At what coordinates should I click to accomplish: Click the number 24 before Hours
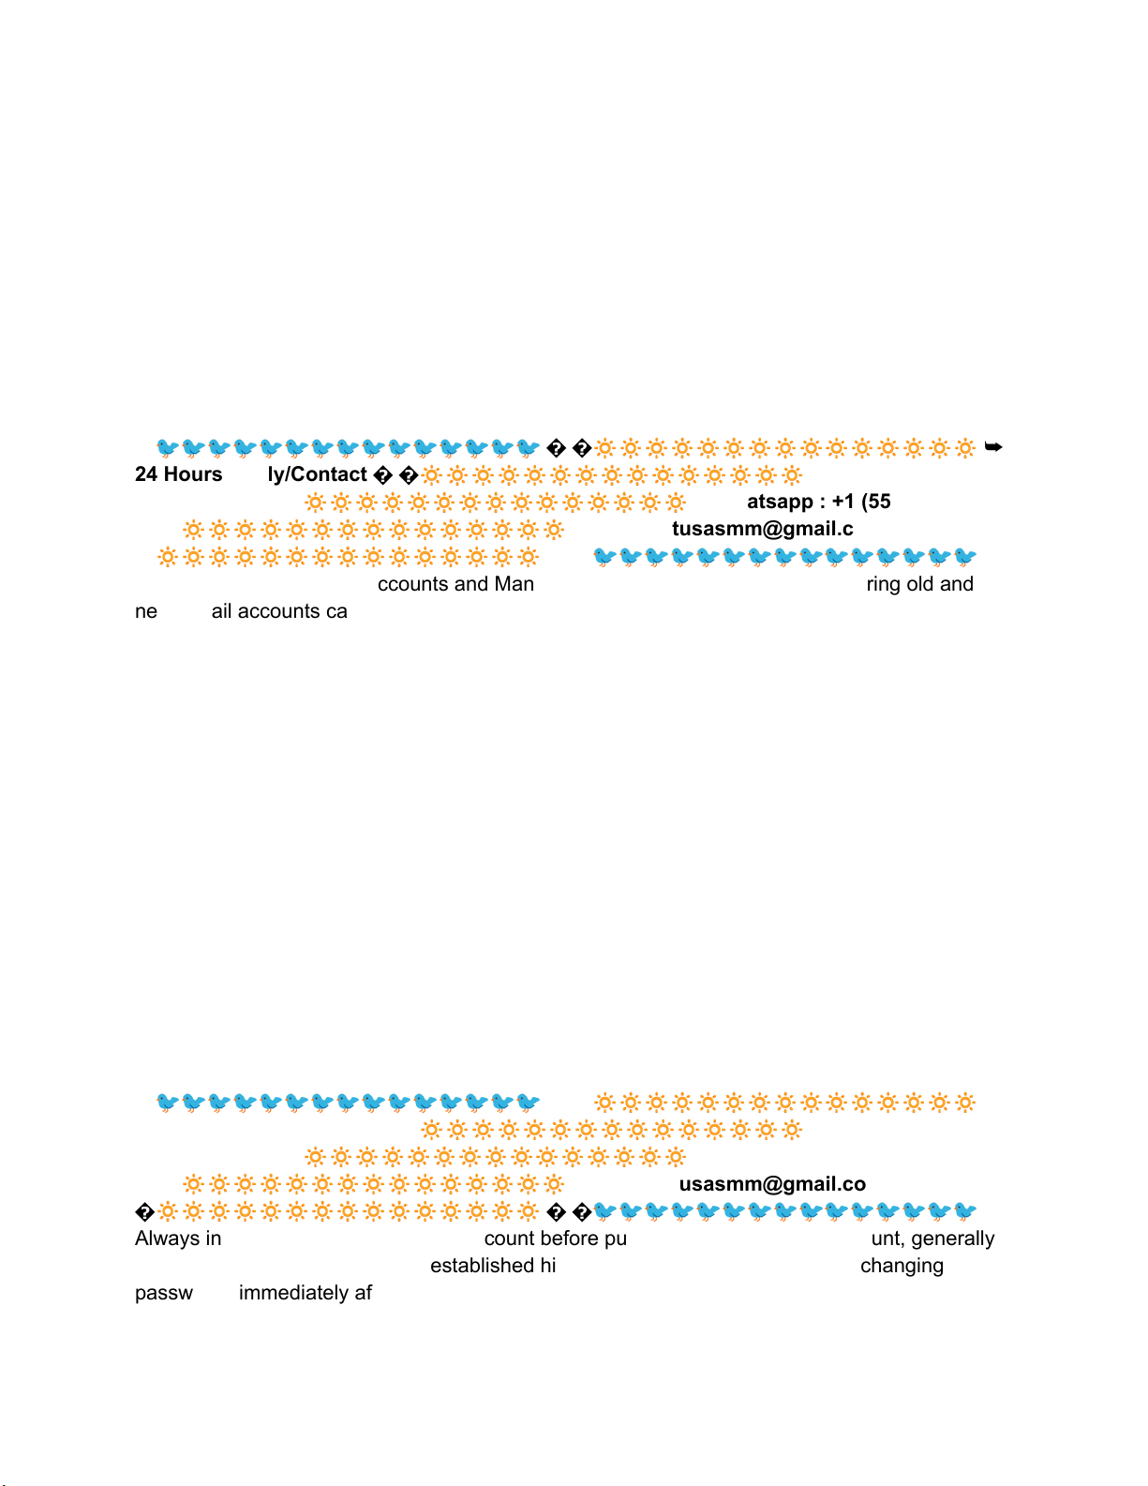pyautogui.click(x=146, y=474)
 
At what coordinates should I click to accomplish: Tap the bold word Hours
pyautogui.click(x=191, y=474)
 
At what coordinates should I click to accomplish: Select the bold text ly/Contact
pyautogui.click(x=317, y=474)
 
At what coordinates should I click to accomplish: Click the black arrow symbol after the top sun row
pyautogui.click(x=993, y=447)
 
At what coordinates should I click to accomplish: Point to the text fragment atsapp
pyautogui.click(x=780, y=502)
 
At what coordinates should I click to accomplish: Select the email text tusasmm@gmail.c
pyautogui.click(x=762, y=529)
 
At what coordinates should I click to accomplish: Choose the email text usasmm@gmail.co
pyautogui.click(x=772, y=1184)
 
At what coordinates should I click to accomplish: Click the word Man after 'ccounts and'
pyautogui.click(x=514, y=584)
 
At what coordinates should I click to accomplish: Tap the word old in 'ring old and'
pyautogui.click(x=919, y=584)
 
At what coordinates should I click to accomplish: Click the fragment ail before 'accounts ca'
pyautogui.click(x=221, y=611)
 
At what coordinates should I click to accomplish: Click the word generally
pyautogui.click(x=952, y=1238)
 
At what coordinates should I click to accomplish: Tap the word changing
pyautogui.click(x=902, y=1267)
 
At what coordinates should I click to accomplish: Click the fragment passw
pyautogui.click(x=164, y=1293)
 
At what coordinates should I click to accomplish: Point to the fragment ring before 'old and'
pyautogui.click(x=883, y=585)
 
